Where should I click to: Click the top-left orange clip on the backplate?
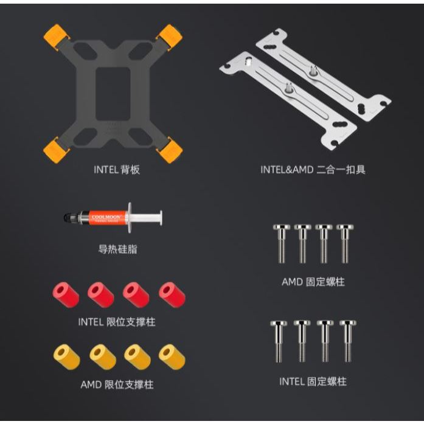(57, 36)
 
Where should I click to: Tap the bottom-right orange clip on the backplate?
(170, 150)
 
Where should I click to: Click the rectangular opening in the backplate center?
(113, 93)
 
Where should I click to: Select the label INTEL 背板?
(117, 170)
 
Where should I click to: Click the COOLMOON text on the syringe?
(106, 217)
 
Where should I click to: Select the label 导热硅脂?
(117, 249)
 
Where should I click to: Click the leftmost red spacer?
(66, 295)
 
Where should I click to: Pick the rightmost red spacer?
(172, 295)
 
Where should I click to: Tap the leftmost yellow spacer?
(66, 357)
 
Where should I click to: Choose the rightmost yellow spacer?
(172, 357)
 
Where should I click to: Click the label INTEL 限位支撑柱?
(117, 322)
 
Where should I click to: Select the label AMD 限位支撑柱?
(117, 384)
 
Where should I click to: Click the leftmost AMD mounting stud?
(282, 244)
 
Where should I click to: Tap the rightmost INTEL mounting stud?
(348, 341)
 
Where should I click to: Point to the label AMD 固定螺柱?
(313, 282)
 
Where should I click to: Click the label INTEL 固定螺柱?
(313, 381)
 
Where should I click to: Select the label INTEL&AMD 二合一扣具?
(313, 170)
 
